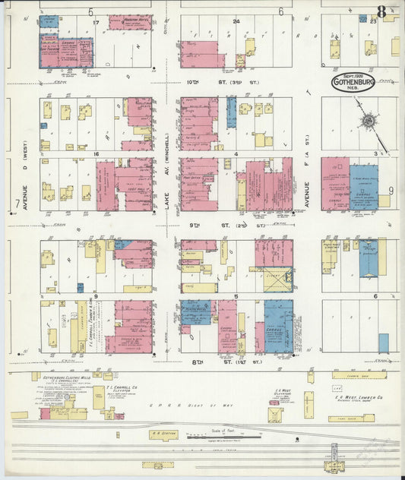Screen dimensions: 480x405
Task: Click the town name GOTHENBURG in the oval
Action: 353,84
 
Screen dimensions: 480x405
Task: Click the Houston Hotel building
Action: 130,22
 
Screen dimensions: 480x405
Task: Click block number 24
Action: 236,21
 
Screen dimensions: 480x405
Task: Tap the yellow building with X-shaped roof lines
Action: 279,280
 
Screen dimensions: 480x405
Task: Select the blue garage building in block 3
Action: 364,194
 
